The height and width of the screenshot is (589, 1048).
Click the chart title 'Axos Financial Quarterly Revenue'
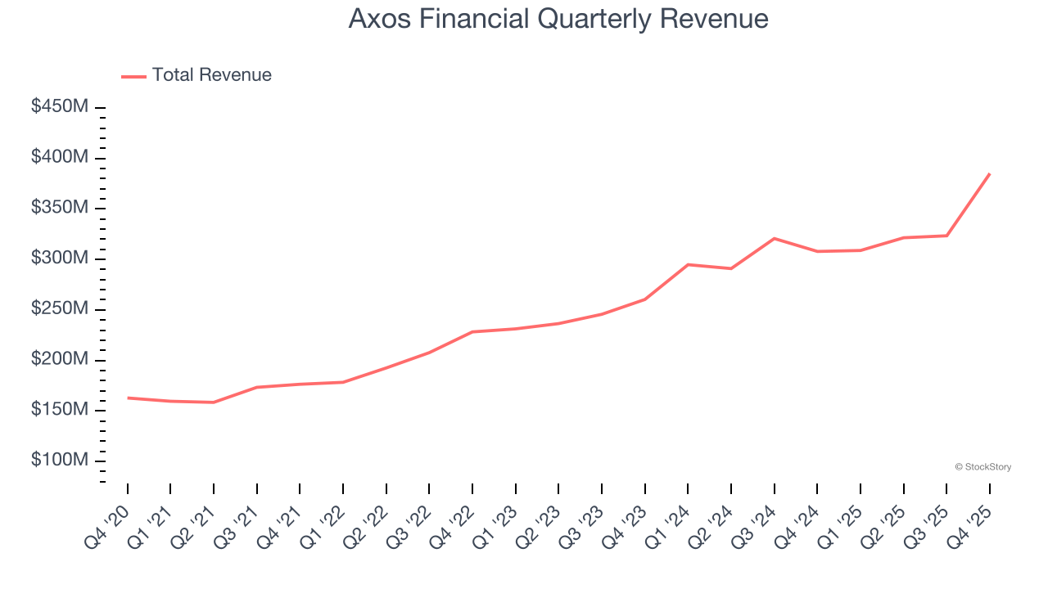tap(558, 19)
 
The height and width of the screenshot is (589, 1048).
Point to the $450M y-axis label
tap(60, 107)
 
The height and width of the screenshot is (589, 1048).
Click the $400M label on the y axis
tap(60, 157)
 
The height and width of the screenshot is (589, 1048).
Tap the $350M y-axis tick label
tap(60, 208)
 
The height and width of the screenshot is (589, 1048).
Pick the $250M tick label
tap(60, 309)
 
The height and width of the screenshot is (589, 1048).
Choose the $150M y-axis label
tap(60, 410)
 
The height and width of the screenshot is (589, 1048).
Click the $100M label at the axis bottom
tap(60, 461)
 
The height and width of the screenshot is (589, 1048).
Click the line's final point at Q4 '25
tap(990, 173)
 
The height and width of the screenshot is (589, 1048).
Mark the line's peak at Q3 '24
tap(775, 238)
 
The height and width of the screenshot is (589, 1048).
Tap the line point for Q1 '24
tap(688, 264)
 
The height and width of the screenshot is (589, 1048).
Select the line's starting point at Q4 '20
tap(128, 398)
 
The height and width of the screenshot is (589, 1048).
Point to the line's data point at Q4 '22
tap(472, 332)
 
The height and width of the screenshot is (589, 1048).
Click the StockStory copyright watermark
tap(982, 467)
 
